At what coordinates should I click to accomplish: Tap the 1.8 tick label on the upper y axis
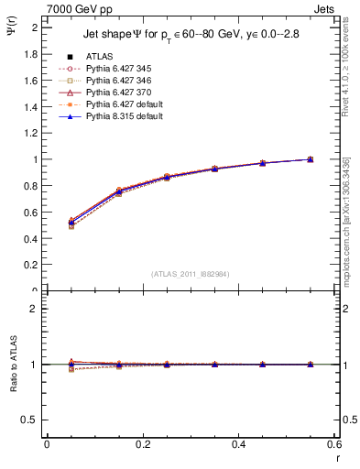coord(31,54)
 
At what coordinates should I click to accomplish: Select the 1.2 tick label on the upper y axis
coord(31,133)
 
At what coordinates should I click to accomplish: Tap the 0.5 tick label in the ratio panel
coord(31,420)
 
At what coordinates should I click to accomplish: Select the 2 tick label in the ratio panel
coord(36,309)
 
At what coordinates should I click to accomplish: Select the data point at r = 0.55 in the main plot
coord(310,159)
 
